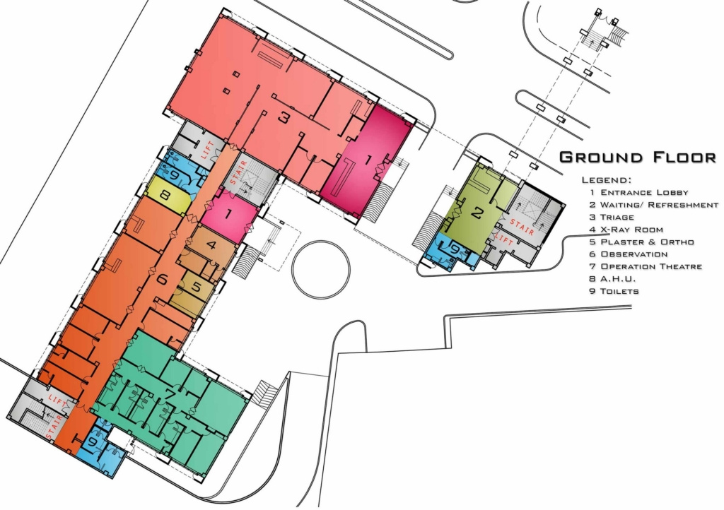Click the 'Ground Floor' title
click(637, 157)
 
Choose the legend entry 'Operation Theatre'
click(645, 266)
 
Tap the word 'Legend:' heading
click(607, 180)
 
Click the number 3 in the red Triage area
click(283, 118)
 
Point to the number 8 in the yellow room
click(163, 196)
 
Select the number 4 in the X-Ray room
click(211, 246)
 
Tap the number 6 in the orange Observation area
click(161, 278)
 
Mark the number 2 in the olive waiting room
click(477, 212)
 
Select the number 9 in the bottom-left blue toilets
click(94, 442)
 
